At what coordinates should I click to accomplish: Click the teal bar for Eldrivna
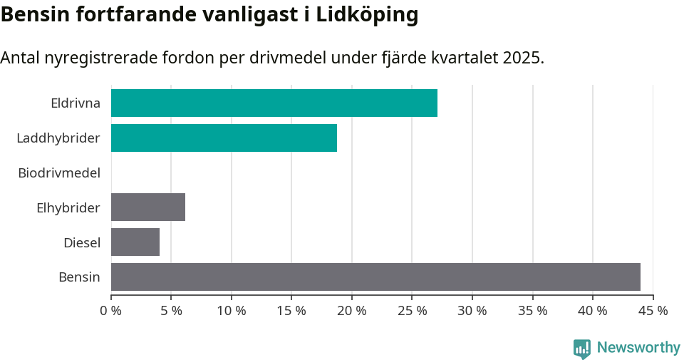(274, 103)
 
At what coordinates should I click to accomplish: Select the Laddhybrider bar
(224, 138)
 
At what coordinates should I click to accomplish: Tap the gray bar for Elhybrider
(148, 207)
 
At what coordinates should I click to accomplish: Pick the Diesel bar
(135, 242)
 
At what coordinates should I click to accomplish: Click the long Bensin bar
(375, 277)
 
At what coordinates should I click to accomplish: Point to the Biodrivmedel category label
(59, 173)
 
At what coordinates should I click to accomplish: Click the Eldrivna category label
(76, 103)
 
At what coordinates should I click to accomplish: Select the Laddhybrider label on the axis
(58, 138)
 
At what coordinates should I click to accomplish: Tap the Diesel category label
(82, 242)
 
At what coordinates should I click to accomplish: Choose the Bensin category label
(79, 277)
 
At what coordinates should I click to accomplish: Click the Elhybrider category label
(68, 207)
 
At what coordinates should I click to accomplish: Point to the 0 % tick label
(111, 311)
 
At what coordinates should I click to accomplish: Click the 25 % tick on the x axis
(413, 311)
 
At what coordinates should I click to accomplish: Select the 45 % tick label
(653, 311)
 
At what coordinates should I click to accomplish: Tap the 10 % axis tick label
(232, 311)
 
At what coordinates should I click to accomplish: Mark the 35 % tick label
(533, 311)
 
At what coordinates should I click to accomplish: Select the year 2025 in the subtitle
(522, 58)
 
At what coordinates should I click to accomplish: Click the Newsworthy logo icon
(582, 348)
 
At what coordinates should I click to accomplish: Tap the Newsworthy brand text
(638, 348)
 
